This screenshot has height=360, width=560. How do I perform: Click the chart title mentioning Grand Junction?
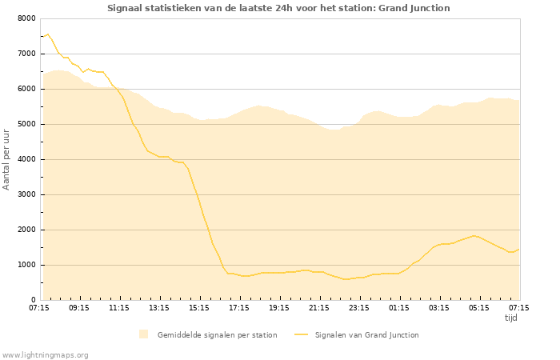click(x=278, y=8)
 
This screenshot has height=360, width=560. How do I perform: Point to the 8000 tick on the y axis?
click(x=26, y=18)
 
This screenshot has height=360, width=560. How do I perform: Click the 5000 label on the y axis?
click(x=26, y=124)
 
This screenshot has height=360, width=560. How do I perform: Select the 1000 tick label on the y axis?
click(x=26, y=265)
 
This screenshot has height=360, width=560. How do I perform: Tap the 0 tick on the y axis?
click(x=33, y=300)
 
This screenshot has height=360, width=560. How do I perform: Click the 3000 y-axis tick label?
click(x=26, y=194)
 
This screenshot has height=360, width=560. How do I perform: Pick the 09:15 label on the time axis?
click(x=79, y=307)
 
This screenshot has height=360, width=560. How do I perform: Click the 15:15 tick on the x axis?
click(x=199, y=307)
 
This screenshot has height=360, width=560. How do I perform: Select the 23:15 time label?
click(x=359, y=307)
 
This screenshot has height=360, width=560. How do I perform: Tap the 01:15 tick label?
click(x=399, y=307)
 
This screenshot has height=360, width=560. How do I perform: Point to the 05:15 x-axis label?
click(x=479, y=307)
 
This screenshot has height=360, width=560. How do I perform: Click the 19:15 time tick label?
click(x=279, y=307)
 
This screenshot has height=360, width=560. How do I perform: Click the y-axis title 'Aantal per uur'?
click(x=7, y=159)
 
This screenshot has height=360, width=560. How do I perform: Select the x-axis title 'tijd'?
click(x=511, y=318)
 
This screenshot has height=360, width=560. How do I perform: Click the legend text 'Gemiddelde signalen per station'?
click(x=217, y=334)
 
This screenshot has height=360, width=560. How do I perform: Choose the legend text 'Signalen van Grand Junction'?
click(x=366, y=334)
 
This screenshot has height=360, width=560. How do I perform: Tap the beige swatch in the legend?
click(x=144, y=334)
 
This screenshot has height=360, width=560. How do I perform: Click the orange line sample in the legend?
click(x=301, y=334)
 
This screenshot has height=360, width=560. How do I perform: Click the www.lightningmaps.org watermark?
click(x=46, y=354)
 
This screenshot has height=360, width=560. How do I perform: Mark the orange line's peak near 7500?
click(x=47, y=34)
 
